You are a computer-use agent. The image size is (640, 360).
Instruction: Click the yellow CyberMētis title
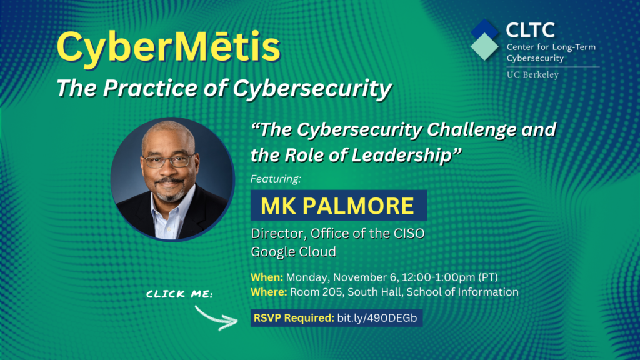coord(169,47)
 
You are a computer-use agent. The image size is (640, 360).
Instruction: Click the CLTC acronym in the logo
coord(530,30)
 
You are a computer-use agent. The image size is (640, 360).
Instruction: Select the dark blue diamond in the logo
coord(484,29)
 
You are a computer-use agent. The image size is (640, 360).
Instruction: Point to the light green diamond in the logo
coord(484,46)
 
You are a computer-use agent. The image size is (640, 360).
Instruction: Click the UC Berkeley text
coord(532,75)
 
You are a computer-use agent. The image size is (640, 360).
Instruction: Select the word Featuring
coord(276,179)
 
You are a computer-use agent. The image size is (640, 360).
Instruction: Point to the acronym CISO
coord(409,234)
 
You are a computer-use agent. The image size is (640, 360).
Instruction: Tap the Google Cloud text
coord(294,251)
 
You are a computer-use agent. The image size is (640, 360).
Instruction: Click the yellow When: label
coord(267,277)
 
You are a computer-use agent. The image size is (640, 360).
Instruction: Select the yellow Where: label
coord(269,292)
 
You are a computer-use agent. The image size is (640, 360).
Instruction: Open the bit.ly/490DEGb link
coord(377,318)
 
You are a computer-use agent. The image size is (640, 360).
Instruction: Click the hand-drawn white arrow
coord(216,318)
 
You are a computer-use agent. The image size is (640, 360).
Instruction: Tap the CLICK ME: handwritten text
coord(179,294)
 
